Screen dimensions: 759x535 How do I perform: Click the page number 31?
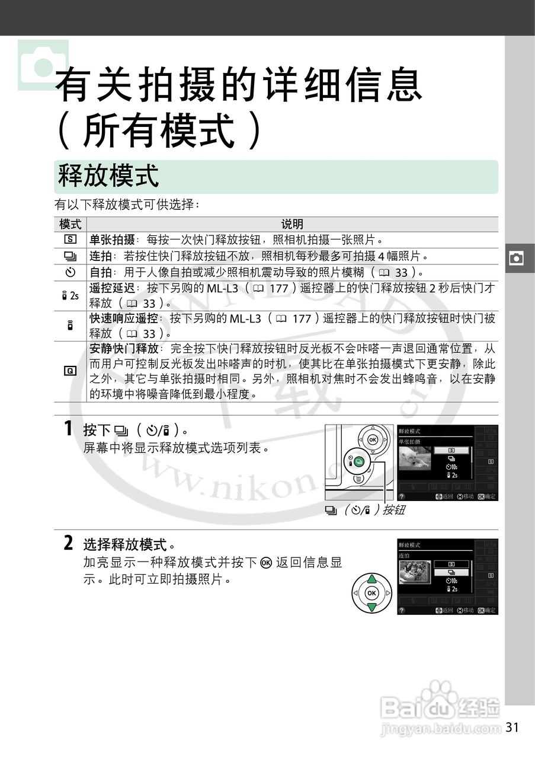513,727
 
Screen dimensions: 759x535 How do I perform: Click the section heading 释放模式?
108,176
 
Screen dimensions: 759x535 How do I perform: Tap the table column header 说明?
291,224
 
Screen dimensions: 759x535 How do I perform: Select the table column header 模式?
70,224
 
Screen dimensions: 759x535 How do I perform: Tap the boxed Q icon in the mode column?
70,371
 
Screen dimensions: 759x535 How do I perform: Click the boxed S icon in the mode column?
70,240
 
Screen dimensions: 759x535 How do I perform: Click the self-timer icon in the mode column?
70,272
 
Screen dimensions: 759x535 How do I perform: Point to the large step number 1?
69,429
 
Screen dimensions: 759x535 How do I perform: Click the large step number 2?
69,543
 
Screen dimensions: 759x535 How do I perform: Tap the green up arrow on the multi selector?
371,579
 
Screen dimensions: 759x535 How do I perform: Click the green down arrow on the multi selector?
371,607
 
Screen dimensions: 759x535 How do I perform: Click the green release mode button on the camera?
361,461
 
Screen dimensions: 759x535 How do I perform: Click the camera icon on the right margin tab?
517,259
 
